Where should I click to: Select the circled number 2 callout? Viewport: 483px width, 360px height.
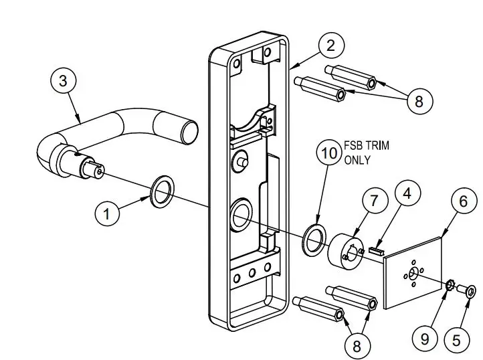330,46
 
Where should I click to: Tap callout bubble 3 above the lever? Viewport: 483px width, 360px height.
63,82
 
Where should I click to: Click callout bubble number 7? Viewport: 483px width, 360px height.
374,201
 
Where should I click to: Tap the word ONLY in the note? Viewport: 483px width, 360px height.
358,160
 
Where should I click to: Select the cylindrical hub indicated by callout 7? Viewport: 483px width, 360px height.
343,250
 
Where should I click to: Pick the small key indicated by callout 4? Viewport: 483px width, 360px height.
375,252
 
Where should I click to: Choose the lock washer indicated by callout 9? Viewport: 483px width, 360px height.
452,287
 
